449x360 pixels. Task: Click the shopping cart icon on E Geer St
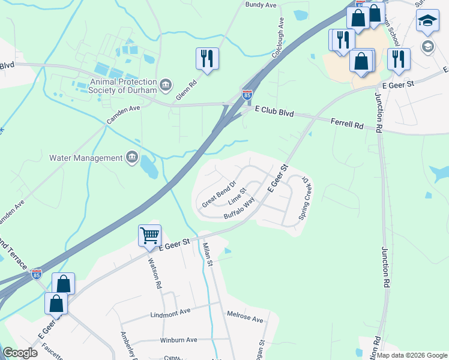(x=149, y=235)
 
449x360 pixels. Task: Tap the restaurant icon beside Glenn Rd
(x=207, y=59)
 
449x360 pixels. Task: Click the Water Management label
(x=86, y=158)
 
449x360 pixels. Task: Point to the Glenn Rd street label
(x=185, y=92)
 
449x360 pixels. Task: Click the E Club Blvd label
(x=274, y=112)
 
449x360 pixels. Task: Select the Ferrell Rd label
(x=347, y=124)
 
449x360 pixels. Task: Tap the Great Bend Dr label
(x=219, y=193)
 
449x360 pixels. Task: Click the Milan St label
(x=208, y=254)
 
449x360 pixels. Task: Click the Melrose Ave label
(x=245, y=316)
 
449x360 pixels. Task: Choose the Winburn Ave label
(x=178, y=340)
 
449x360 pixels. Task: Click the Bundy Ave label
(x=261, y=5)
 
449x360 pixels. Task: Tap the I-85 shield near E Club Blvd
(x=247, y=94)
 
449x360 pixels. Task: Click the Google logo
(x=21, y=353)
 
